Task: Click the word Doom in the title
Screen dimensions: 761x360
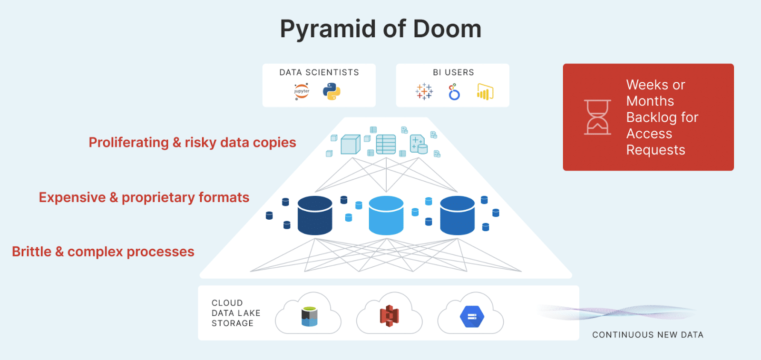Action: tap(447, 29)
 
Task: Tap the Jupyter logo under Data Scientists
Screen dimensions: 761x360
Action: tap(302, 91)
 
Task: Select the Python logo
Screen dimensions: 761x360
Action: tap(332, 91)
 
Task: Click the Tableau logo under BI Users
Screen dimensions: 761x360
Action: tap(424, 91)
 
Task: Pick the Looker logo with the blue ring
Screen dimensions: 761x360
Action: tap(454, 92)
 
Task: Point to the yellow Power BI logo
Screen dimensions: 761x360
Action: tap(485, 92)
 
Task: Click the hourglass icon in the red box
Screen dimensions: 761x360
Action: tap(597, 117)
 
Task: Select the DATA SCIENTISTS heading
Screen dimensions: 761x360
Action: tap(319, 72)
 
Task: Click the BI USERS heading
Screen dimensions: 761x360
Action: tap(453, 72)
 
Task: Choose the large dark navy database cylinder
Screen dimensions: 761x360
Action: tap(315, 215)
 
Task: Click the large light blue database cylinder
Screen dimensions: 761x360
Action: tap(386, 215)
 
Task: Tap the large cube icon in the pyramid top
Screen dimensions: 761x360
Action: tap(351, 145)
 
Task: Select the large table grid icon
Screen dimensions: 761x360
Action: tap(386, 145)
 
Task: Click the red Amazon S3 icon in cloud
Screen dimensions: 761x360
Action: tap(390, 316)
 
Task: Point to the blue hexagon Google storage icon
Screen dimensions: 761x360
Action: tap(472, 317)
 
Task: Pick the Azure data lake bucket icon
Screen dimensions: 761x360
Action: tap(309, 317)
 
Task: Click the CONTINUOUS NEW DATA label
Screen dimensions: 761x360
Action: tap(648, 335)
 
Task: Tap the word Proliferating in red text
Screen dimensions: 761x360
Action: tap(129, 143)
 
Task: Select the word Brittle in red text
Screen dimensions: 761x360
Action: tap(31, 252)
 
